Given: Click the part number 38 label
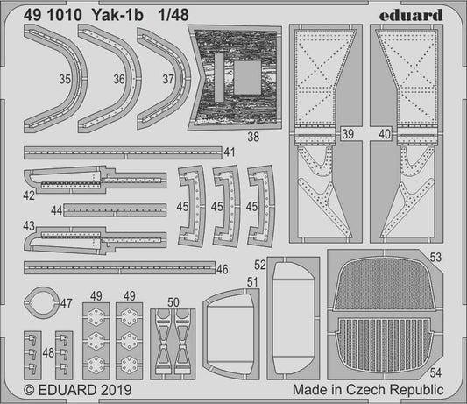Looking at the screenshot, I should point(252,136).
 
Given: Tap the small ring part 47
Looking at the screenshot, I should point(39,303).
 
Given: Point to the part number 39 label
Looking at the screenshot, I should point(348,134).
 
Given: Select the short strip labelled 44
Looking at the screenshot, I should point(114,209).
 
